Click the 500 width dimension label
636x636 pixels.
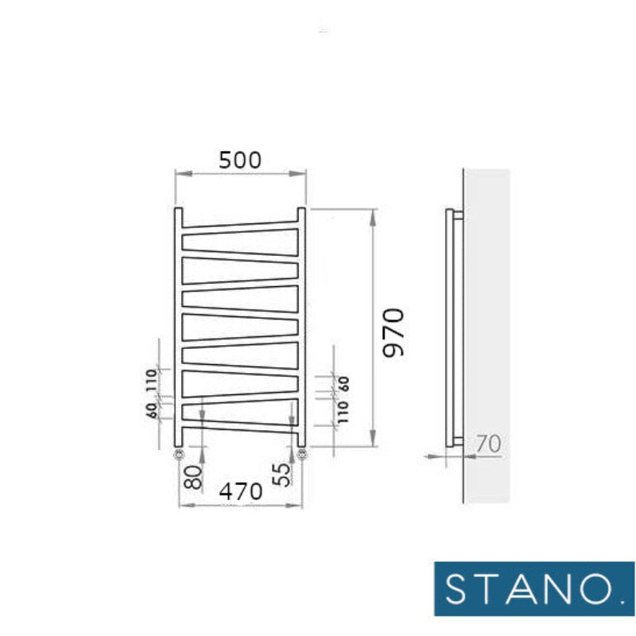pos(240,161)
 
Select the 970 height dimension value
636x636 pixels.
pos(394,332)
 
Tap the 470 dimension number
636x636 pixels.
pos(241,492)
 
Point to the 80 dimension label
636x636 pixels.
pos(192,477)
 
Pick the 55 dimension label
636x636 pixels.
pos(282,474)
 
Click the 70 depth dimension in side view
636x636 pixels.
pos(488,444)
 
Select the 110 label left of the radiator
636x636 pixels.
pos(151,380)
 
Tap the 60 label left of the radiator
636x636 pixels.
pos(151,411)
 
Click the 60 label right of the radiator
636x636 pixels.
pos(343,384)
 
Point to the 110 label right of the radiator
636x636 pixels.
pos(343,413)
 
